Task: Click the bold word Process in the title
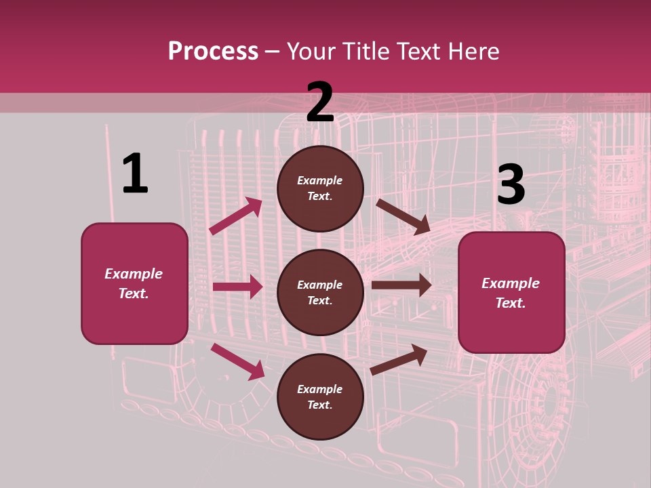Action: tap(213, 52)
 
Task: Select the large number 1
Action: tap(135, 174)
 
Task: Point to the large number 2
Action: tap(320, 102)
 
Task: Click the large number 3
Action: tap(511, 184)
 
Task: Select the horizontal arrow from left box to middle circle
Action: tap(237, 287)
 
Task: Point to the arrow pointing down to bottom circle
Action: tap(237, 361)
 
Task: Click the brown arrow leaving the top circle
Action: tap(403, 216)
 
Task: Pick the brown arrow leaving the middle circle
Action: tap(401, 285)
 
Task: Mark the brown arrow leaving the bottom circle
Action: tap(399, 360)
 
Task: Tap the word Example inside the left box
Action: tap(134, 274)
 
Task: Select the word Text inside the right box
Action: tap(511, 303)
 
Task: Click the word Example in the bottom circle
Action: tap(320, 389)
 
